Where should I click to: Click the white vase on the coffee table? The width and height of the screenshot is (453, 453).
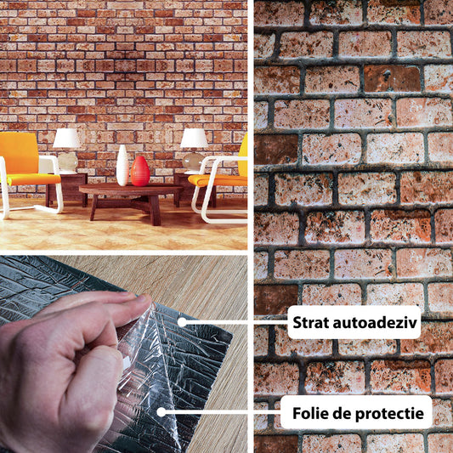pos(122,165)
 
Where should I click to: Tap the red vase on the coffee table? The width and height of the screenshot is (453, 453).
pos(140,172)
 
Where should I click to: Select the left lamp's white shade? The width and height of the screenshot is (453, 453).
pos(66,138)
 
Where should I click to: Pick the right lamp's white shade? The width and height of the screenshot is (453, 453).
pos(194,138)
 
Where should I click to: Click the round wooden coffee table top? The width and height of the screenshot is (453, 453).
pos(131,190)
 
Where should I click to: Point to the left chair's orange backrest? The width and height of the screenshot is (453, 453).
pos(19,153)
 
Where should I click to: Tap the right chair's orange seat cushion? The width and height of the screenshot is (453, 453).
pos(218,180)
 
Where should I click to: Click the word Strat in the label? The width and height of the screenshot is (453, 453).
pos(310,322)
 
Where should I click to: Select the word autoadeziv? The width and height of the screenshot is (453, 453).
pos(375,322)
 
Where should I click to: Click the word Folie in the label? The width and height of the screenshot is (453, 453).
pos(310,413)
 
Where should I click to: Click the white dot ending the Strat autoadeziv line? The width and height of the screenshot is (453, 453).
pos(182,322)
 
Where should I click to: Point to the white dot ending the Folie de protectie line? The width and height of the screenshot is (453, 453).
pos(161,412)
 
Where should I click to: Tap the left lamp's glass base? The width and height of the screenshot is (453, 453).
pos(68,161)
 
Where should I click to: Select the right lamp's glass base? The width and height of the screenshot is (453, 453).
pos(193,162)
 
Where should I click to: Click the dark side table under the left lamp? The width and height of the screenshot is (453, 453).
pos(67,190)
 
